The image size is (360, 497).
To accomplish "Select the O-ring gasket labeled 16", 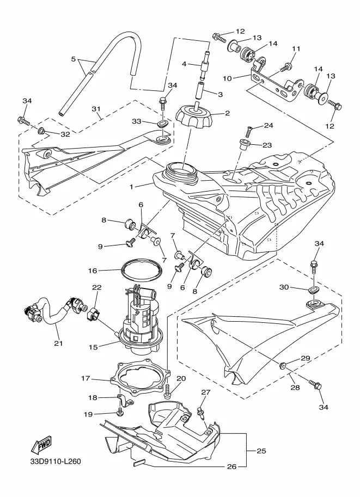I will pos(142,271).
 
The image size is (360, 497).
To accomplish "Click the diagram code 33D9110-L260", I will pos(56,462).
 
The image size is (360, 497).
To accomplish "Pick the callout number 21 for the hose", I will pos(58,343).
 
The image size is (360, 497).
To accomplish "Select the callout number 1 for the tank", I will pos(131,186).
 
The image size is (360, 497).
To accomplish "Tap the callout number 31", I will pos(96,109).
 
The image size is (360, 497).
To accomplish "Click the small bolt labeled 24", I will pos(250,130).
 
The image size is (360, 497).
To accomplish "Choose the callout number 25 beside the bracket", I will pos(261,451).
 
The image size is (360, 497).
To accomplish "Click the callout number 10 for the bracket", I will pos(228,78).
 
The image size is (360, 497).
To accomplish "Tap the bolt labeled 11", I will pos(285,68).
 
